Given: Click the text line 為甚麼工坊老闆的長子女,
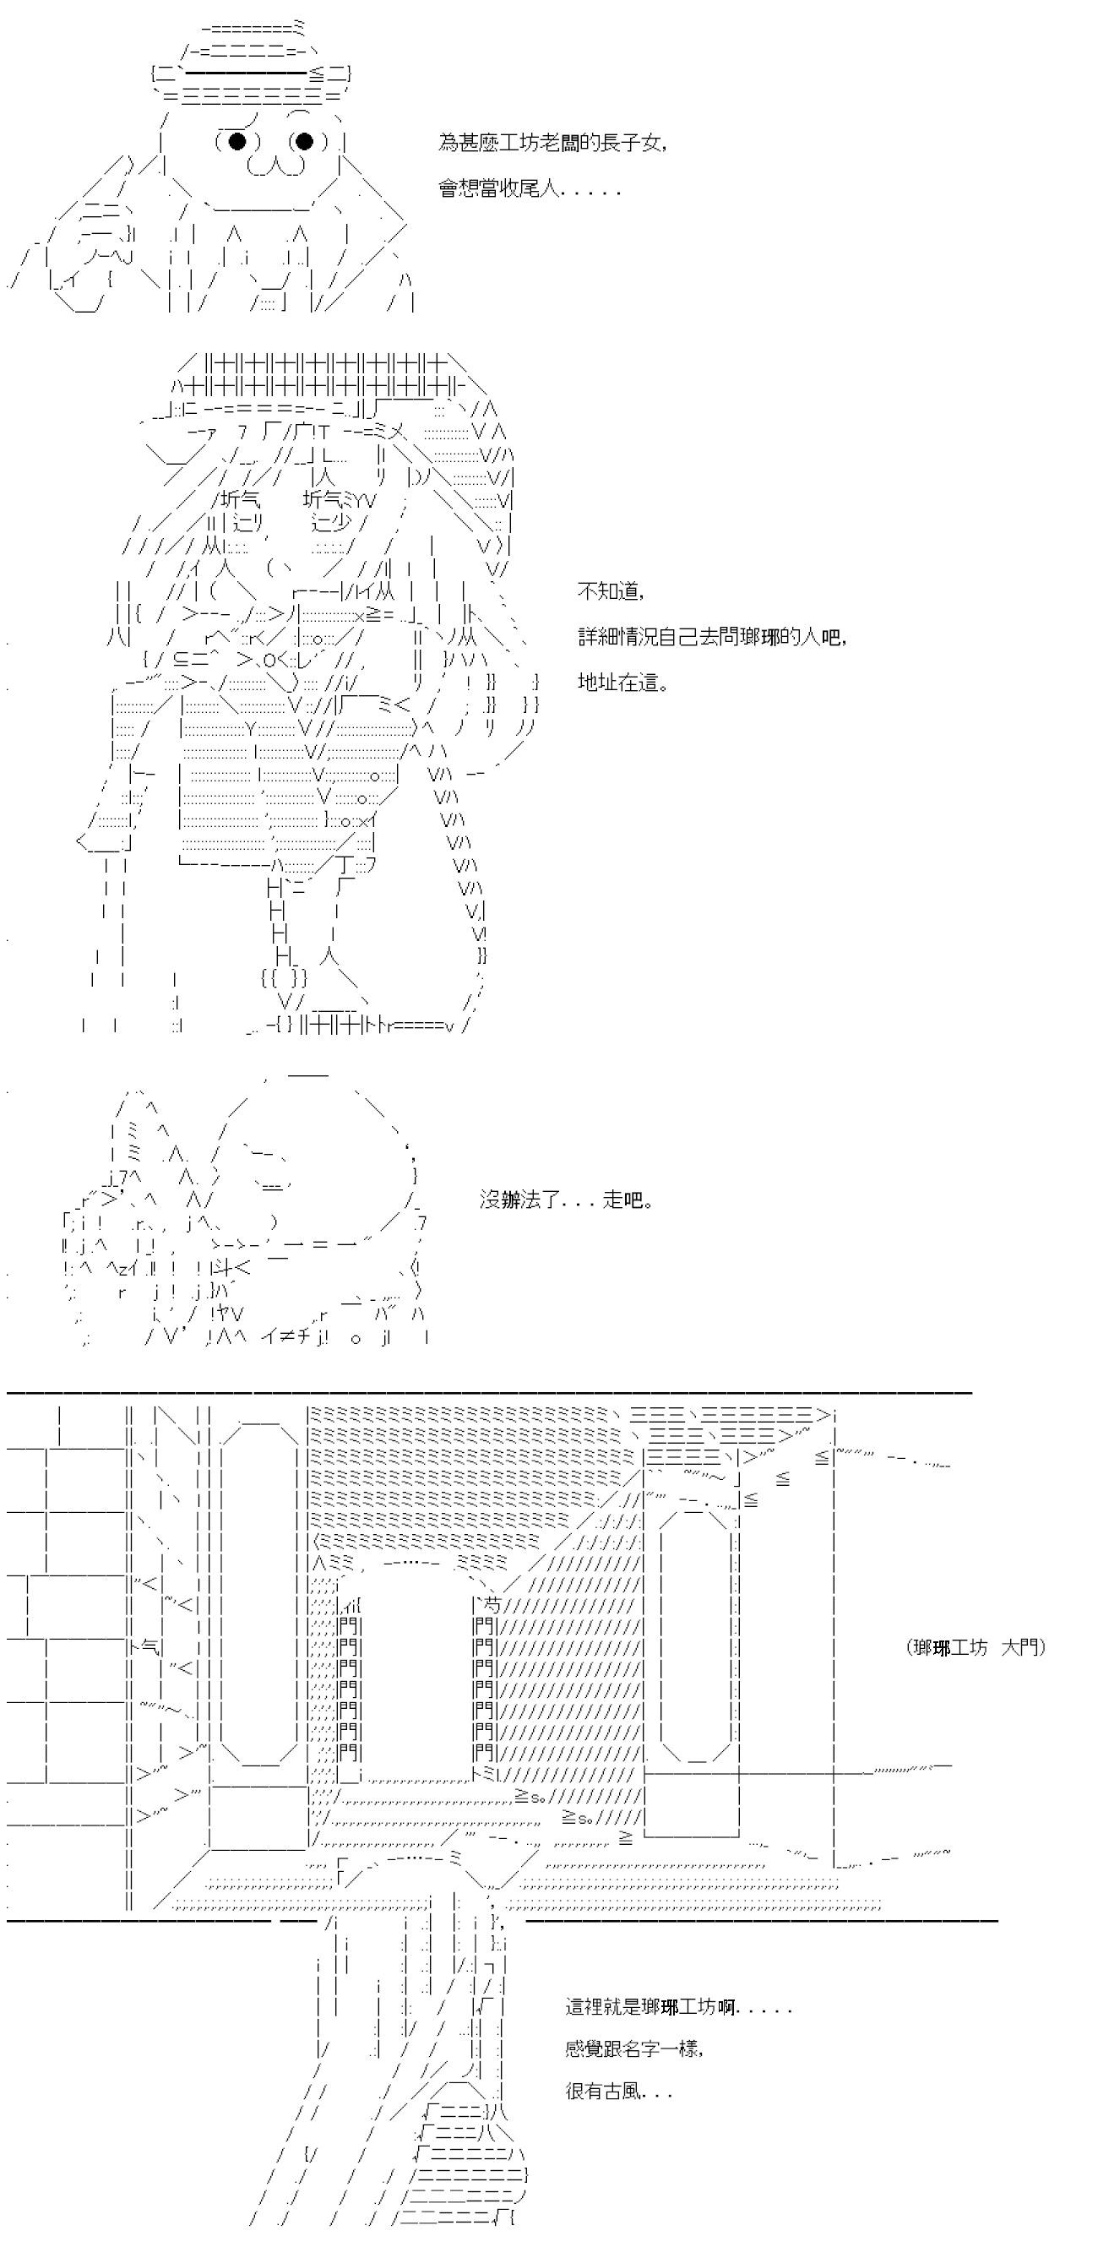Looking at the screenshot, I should [553, 143].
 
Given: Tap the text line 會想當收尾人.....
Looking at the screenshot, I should [529, 188].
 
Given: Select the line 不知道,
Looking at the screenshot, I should [611, 590].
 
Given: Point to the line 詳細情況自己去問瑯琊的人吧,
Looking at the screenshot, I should [712, 636].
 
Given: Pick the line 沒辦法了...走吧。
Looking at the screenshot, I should [566, 1200].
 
